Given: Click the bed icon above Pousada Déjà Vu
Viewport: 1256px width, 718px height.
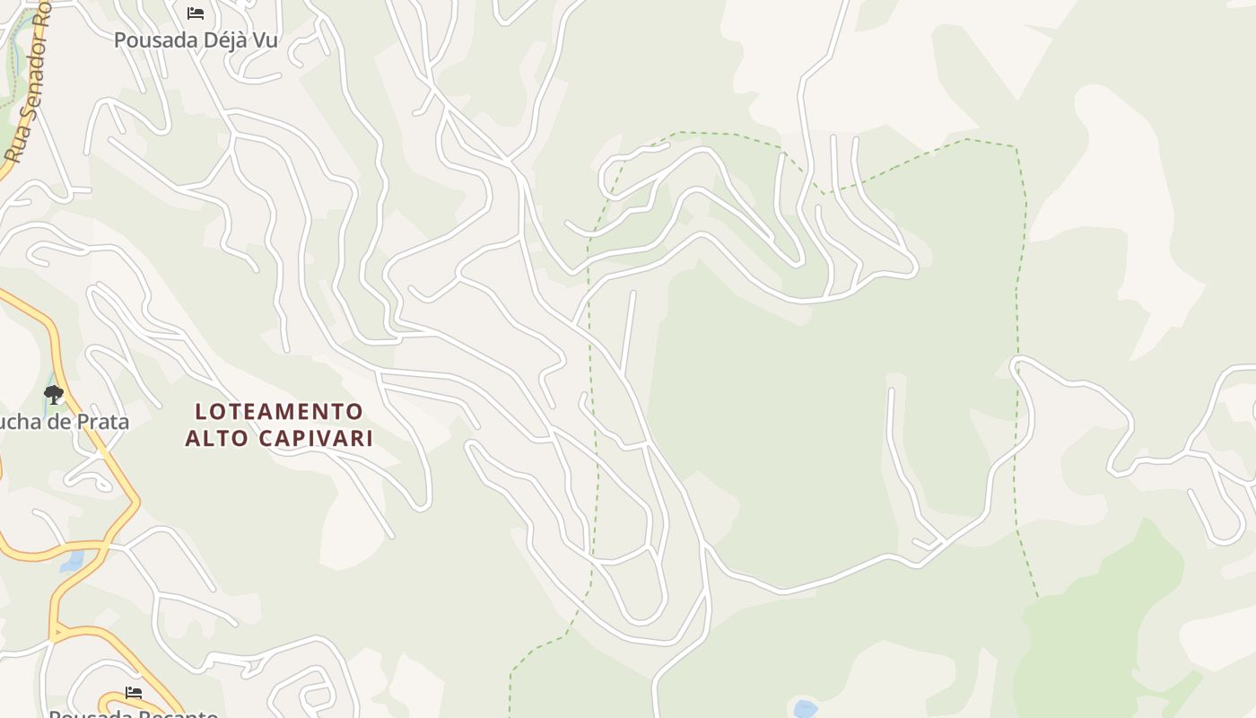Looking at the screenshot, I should [196, 13].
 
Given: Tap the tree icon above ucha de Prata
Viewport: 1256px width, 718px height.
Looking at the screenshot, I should [54, 394].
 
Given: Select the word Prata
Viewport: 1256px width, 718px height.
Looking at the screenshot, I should [103, 422].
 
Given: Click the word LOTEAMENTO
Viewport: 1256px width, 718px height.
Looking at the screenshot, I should [279, 412].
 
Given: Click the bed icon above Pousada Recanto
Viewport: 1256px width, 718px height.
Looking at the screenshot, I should [134, 693].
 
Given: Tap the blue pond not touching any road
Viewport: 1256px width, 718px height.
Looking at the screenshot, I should [805, 709].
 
